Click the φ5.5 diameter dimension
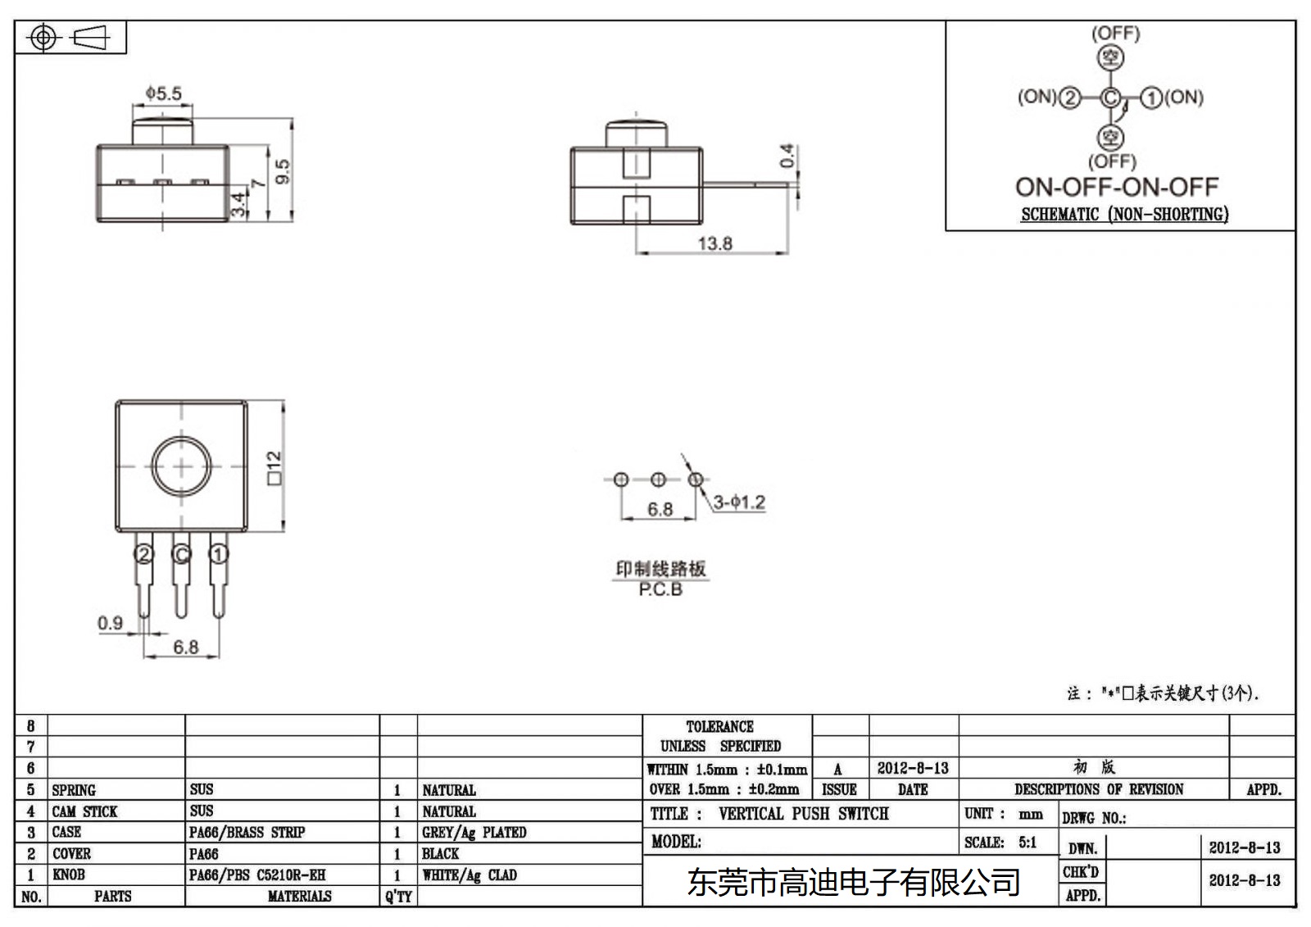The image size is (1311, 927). click(x=163, y=93)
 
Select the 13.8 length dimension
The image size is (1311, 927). click(x=714, y=243)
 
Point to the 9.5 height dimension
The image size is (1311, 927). click(x=283, y=170)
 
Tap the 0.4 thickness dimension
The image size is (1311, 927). click(x=787, y=156)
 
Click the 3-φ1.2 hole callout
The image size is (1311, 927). click(x=739, y=502)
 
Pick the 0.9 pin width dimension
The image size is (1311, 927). click(x=110, y=623)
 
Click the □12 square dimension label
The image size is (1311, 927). click(x=274, y=468)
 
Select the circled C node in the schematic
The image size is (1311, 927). click(x=1109, y=98)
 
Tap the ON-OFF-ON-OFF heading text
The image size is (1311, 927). click(x=1117, y=187)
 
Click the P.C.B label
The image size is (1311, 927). click(x=660, y=589)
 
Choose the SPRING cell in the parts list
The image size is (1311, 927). click(x=74, y=790)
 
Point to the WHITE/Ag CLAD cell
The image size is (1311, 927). click(x=470, y=875)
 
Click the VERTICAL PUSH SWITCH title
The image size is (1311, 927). click(x=803, y=814)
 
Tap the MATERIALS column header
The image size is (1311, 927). click(x=299, y=897)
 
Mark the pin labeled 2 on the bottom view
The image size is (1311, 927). click(x=144, y=555)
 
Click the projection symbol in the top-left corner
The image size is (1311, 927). click(x=70, y=38)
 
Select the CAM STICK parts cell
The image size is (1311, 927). click(x=84, y=811)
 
